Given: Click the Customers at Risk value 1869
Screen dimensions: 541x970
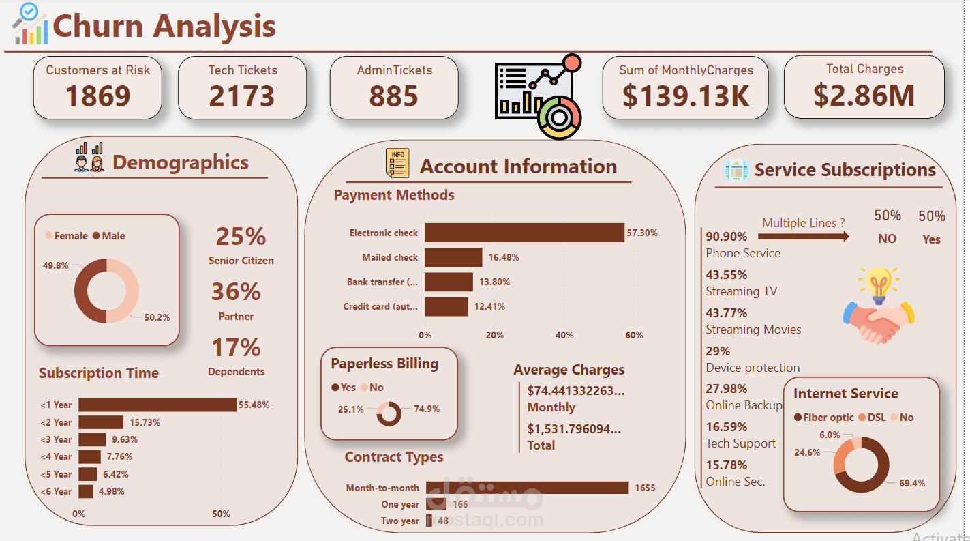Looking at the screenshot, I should point(97,96).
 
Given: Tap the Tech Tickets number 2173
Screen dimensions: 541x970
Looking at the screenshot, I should point(242,96).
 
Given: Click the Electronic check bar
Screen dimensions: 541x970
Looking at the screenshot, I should point(524,233).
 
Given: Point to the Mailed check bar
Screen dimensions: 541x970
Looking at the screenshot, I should point(453,257).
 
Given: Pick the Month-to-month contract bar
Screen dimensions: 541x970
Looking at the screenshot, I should point(527,488).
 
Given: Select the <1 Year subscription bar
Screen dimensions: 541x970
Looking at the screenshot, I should point(157,405).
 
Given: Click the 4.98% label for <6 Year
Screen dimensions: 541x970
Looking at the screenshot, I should point(110,491).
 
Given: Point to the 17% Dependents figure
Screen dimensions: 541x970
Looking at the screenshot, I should point(236,348).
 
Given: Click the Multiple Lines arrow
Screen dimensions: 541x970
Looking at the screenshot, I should point(804,236).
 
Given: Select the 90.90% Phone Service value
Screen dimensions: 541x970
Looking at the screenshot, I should point(727,237).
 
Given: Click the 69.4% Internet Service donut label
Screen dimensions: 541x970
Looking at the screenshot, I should point(912,483).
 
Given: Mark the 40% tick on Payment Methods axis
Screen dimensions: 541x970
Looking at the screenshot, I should point(564,335).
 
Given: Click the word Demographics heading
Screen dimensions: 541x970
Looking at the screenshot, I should point(181,162).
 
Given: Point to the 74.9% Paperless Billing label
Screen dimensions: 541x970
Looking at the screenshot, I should point(427,409).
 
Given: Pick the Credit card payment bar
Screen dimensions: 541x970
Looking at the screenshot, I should point(446,306).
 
